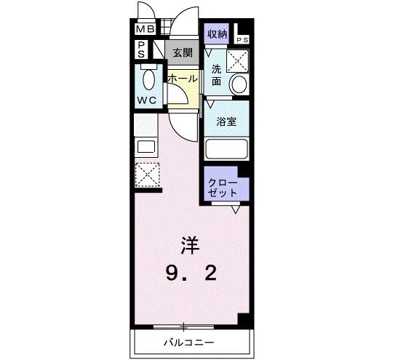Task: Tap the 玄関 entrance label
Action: point(183,52)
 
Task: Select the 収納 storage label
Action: point(218,33)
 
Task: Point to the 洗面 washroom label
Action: point(216,75)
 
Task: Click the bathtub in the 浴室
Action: point(226,149)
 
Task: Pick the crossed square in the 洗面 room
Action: point(238,60)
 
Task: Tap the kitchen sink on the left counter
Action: point(146,146)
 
